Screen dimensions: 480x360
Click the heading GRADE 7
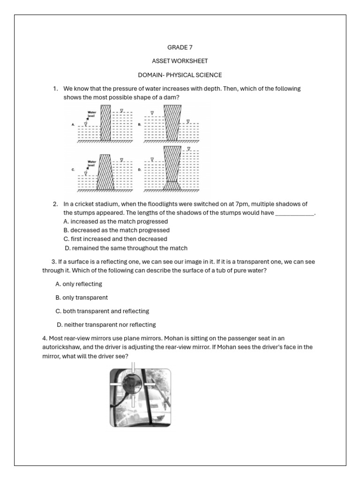pyautogui.click(x=180, y=47)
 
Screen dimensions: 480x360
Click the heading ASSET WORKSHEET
pyautogui.click(x=180, y=61)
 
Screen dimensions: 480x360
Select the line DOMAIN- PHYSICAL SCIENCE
pyautogui.click(x=180, y=75)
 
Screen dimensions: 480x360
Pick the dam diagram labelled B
pyautogui.click(x=171, y=123)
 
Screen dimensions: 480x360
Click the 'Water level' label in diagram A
pyautogui.click(x=91, y=114)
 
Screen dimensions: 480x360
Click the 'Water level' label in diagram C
pyautogui.click(x=91, y=164)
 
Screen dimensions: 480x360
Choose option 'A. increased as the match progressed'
pyautogui.click(x=115, y=221)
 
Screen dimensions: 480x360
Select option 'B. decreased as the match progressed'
pyautogui.click(x=116, y=230)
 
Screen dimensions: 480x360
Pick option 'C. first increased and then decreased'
pyautogui.click(x=115, y=239)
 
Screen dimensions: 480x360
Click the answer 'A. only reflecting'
pyautogui.click(x=78, y=284)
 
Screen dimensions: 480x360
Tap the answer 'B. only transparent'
pyautogui.click(x=82, y=298)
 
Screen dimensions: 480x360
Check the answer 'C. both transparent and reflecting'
pyautogui.click(x=102, y=311)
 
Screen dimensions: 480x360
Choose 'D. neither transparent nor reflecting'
pyautogui.click(x=106, y=325)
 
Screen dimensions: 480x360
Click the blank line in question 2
pyautogui.click(x=294, y=213)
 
